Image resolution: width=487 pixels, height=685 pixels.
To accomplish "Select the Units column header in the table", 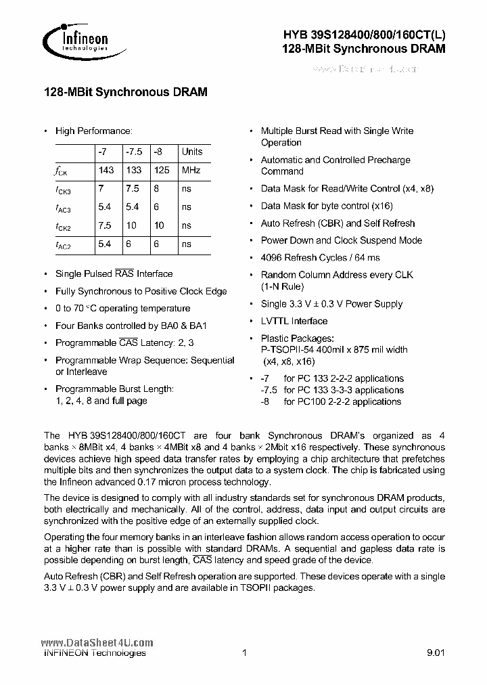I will coord(192,152).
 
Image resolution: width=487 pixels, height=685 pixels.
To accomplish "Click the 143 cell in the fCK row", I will coord(106,171).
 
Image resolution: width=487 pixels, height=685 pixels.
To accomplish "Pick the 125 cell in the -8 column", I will coord(162,171).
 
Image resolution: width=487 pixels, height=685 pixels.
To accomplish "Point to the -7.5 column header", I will coord(135,152).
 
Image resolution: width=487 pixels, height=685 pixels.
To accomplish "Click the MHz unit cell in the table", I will coord(191,171).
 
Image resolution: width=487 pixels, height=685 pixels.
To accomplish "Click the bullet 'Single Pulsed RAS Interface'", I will coord(114,274).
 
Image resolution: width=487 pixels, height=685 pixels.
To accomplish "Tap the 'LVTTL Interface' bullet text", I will coord(294,322).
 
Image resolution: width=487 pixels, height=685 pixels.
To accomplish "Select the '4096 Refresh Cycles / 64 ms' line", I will coord(320,257).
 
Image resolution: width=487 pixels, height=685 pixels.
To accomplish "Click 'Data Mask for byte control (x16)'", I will coord(327,206).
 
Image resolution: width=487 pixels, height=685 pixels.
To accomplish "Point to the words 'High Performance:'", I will coord(93,131).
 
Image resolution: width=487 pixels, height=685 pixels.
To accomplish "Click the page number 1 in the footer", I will coord(243,653).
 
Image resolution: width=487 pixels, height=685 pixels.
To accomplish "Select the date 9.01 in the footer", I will coord(436,653).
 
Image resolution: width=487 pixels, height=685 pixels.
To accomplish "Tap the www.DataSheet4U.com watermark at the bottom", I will coord(97,643).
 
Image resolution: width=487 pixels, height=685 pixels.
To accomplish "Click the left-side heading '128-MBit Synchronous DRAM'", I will coord(125,92).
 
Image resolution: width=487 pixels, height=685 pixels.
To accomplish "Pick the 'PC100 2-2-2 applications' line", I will coord(343,401).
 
